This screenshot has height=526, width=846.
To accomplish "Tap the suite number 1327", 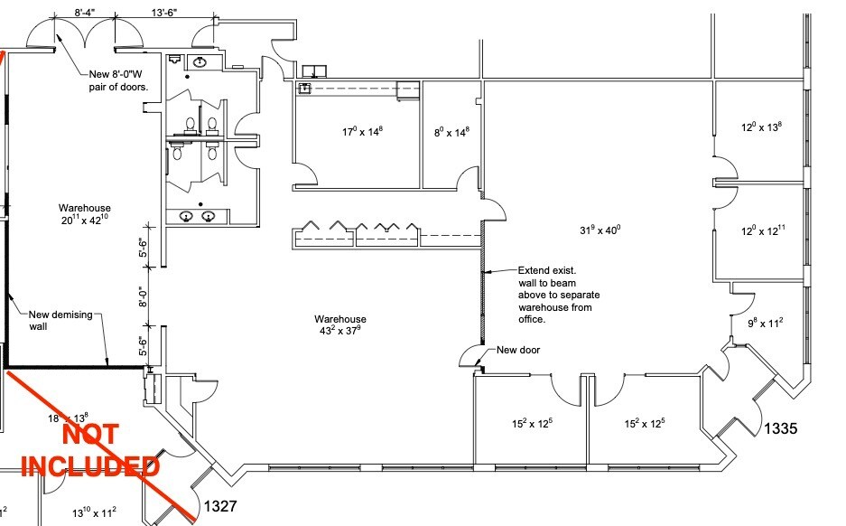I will click(x=221, y=506).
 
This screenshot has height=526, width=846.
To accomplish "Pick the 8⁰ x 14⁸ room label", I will click(x=452, y=132).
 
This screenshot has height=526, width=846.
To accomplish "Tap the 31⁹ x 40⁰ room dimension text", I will click(x=599, y=230).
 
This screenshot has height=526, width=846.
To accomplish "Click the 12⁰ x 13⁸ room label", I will click(x=761, y=127).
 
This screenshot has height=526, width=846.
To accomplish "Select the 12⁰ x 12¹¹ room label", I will click(x=761, y=232).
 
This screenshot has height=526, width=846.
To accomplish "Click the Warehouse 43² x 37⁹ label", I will click(x=340, y=324).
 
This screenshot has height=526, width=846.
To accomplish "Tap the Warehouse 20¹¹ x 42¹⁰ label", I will click(x=85, y=213).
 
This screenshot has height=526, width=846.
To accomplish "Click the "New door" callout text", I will click(x=518, y=350).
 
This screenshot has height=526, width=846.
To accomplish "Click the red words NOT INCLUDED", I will click(x=90, y=449).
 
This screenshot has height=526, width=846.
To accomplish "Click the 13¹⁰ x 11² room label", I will click(x=95, y=512).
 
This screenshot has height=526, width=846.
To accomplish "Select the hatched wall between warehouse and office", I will click(x=483, y=271).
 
